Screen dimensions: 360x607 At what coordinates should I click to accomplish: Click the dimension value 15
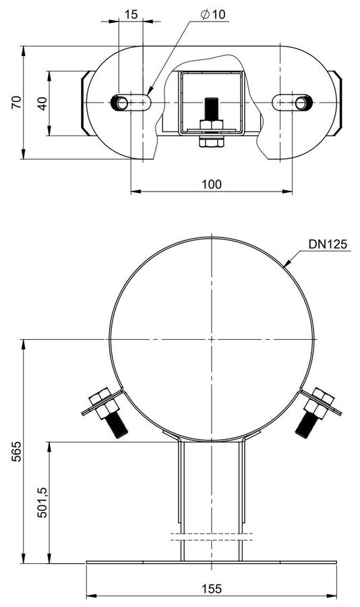pyautogui.click(x=131, y=14)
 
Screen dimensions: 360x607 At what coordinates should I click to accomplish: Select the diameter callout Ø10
pyautogui.click(x=213, y=14)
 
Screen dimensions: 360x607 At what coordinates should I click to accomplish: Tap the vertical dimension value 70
pyautogui.click(x=16, y=103)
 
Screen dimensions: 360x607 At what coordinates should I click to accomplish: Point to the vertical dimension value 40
pyautogui.click(x=42, y=103)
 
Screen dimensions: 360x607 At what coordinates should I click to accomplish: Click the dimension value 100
pyautogui.click(x=212, y=184)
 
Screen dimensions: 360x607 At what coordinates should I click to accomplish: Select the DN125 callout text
pyautogui.click(x=328, y=244)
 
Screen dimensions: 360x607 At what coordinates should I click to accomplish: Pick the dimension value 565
pyautogui.click(x=16, y=451)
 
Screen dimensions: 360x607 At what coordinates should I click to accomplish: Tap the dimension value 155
pyautogui.click(x=212, y=589)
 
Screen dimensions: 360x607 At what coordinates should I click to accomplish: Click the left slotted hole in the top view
pyautogui.click(x=131, y=103)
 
